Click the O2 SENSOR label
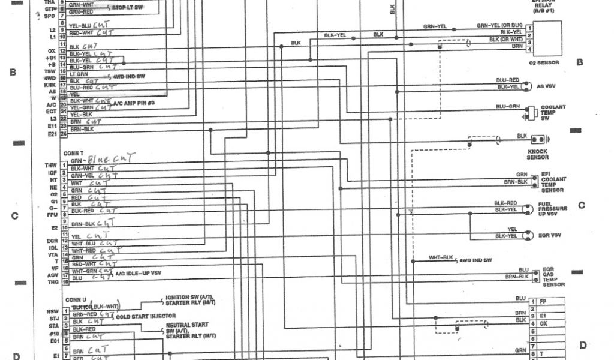[544, 62]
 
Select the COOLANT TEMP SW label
[553, 113]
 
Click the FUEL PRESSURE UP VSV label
[552, 208]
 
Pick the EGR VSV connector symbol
[528, 234]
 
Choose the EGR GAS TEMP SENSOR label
[553, 277]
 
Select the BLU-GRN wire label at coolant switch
[507, 106]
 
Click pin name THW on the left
[50, 165]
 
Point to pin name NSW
[52, 311]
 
